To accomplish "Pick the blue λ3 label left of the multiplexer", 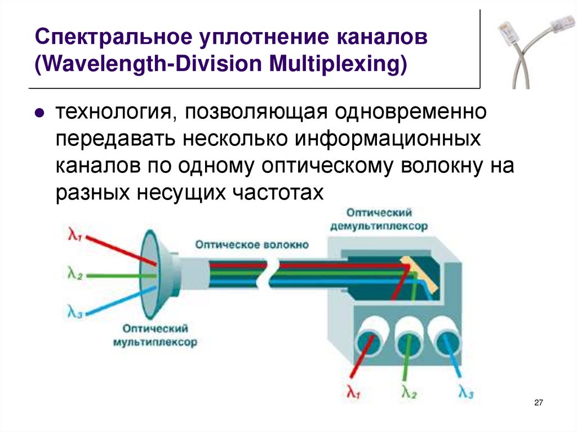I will (x=74, y=311).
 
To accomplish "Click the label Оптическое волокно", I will (x=252, y=244).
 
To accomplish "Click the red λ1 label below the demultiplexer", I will (x=353, y=393).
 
